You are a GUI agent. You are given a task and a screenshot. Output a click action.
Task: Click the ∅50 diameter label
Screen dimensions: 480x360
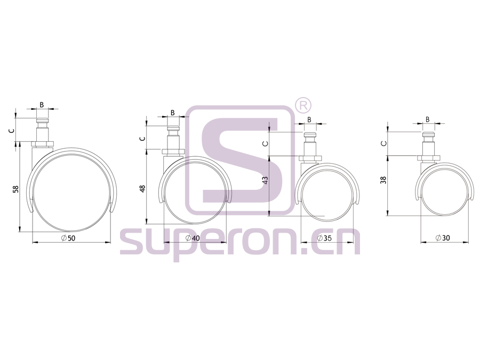pos(68,238)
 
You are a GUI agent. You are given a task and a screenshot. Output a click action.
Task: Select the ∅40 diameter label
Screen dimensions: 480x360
pos(193,238)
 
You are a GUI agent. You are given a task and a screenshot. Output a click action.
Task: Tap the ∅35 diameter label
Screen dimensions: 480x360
pos(324,238)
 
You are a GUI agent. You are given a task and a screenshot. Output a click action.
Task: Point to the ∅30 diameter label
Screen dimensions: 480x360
pos(443,237)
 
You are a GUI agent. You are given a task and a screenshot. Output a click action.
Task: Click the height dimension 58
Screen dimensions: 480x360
pos(16,189)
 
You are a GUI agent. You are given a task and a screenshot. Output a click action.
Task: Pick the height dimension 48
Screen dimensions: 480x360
pos(142,189)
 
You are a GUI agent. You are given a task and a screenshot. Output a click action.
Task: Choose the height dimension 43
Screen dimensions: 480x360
pos(266,180)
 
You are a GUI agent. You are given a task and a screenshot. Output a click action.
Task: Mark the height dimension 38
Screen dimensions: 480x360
pos(383,180)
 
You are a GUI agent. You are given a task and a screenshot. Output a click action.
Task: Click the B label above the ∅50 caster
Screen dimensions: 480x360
pos(42,105)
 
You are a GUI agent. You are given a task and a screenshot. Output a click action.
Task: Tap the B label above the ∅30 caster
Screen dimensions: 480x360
pos(428,119)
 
